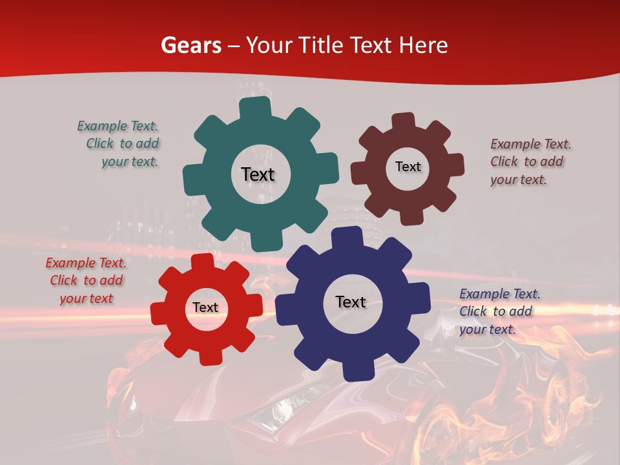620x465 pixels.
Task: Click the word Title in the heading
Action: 321,45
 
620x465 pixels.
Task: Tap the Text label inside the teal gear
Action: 258,174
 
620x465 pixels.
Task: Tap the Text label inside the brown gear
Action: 408,167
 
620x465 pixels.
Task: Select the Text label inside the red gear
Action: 205,307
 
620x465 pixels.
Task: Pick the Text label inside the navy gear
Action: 351,302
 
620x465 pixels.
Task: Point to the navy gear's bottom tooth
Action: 356,370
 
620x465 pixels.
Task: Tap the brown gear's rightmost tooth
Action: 455,164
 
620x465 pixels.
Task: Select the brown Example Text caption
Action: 530,161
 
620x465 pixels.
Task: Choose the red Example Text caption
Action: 86,280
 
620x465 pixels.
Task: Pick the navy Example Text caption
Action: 499,311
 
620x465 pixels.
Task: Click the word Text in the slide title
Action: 377,45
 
